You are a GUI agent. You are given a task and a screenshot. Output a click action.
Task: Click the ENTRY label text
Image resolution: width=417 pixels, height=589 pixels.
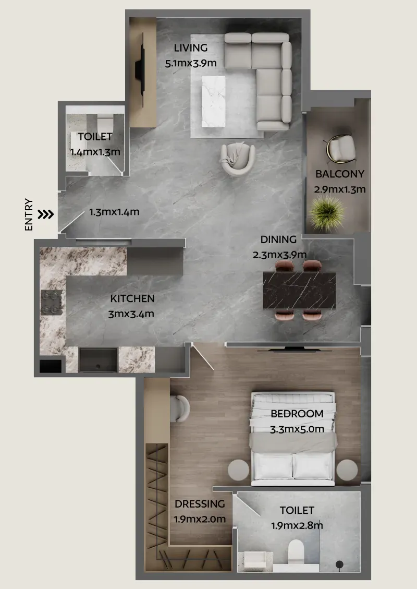point(29,214)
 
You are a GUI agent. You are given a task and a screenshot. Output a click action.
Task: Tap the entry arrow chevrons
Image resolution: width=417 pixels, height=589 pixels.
point(46,214)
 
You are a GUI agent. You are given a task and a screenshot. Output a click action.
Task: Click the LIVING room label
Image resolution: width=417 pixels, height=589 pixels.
point(191,47)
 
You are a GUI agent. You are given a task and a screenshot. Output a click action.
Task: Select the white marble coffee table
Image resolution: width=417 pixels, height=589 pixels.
point(214,101)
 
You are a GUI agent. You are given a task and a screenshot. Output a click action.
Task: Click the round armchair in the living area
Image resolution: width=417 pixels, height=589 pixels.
point(238,159)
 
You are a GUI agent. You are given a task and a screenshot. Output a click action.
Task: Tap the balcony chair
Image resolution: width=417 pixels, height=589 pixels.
point(340,149)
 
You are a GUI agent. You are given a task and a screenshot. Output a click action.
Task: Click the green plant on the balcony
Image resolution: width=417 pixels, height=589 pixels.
point(326,213)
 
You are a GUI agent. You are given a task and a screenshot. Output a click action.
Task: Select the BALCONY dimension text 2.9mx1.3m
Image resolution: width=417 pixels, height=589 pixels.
point(340,189)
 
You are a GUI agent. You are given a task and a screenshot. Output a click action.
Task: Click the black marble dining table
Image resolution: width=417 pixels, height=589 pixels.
point(300,291)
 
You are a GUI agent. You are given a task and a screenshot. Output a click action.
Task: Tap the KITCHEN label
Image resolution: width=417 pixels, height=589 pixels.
point(132,298)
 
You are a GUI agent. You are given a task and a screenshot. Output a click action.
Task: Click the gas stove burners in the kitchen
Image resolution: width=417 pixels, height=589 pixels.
point(52,303)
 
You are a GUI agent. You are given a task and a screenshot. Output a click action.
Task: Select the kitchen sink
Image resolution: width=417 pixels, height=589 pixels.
point(99,360)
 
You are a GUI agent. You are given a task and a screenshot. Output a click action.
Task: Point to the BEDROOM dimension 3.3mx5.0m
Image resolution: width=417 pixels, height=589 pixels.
point(297,429)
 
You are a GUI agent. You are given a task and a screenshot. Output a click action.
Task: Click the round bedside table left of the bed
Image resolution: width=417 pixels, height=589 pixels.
point(238,470)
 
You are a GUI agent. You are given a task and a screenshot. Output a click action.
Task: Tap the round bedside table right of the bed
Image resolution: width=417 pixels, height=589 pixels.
point(347,470)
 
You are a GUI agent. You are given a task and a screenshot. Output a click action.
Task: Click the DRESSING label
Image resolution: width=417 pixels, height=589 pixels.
point(200,504)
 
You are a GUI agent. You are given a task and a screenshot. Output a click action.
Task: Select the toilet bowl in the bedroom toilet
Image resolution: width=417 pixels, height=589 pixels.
point(296,551)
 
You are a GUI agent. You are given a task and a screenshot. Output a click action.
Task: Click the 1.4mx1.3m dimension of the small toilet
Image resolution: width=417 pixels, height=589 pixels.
point(95,152)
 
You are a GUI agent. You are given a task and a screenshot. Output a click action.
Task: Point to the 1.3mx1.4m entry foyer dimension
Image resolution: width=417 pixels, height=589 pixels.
point(114,212)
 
